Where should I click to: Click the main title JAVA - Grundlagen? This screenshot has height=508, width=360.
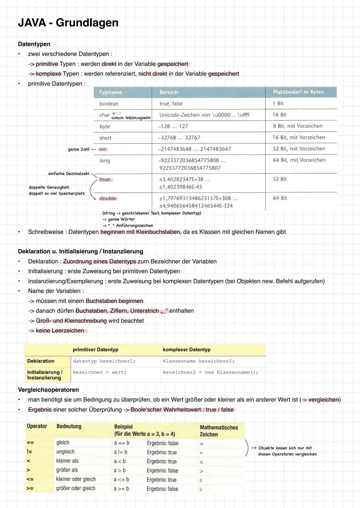pyautogui.click(x=68, y=23)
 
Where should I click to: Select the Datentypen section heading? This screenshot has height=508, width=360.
pyautogui.click(x=34, y=44)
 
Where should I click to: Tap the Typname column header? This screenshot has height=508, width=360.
pyautogui.click(x=110, y=92)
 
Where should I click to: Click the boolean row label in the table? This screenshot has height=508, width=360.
pyautogui.click(x=109, y=104)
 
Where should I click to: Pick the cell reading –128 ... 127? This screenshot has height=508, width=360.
pyautogui.click(x=173, y=126)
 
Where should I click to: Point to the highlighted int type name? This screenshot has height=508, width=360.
pyautogui.click(x=103, y=149)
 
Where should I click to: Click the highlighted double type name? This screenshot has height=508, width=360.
pyautogui.click(x=108, y=198)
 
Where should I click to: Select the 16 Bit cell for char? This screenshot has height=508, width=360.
pyautogui.click(x=279, y=115)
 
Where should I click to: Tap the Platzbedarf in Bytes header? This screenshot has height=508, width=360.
pyautogui.click(x=298, y=92)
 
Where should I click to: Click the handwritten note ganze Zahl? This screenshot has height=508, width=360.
pyautogui.click(x=79, y=149)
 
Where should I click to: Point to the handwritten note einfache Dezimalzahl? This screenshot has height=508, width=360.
pyautogui.click(x=69, y=174)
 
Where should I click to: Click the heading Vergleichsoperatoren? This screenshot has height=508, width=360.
pyautogui.click(x=48, y=390)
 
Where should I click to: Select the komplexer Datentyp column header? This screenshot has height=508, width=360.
pyautogui.click(x=187, y=349)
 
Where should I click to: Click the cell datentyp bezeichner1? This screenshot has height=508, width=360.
pyautogui.click(x=104, y=361)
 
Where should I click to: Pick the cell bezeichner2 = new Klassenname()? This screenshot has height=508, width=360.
pyautogui.click(x=210, y=372)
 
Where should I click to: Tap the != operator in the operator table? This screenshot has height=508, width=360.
pyautogui.click(x=29, y=452)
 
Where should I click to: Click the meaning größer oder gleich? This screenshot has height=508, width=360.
pyautogui.click(x=76, y=488)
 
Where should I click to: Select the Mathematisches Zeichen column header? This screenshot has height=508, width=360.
pyautogui.click(x=219, y=431)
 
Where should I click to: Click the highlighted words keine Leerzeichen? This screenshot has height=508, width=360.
pyautogui.click(x=60, y=330)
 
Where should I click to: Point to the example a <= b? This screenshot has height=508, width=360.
pyautogui.click(x=121, y=479)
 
